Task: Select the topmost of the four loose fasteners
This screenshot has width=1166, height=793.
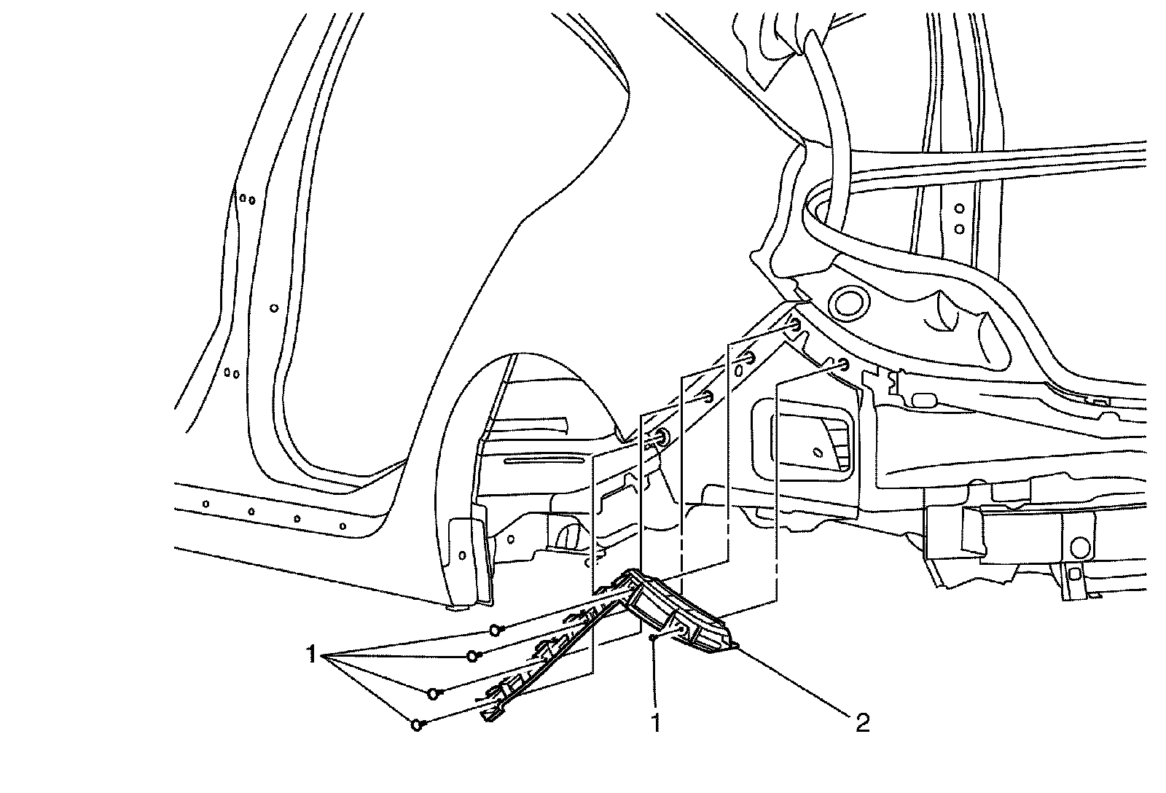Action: click(496, 629)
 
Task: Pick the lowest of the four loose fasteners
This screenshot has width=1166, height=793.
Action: click(417, 724)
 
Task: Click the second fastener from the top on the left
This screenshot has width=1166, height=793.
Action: click(472, 656)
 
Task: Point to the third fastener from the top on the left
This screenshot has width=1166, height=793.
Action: click(434, 692)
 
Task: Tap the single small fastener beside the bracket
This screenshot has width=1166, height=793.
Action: click(654, 638)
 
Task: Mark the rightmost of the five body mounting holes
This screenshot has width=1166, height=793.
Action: click(843, 364)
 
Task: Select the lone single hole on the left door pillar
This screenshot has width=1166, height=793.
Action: click(274, 308)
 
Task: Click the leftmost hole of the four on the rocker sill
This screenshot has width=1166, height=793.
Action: click(206, 504)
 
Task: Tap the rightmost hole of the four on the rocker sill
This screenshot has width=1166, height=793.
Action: click(343, 526)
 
